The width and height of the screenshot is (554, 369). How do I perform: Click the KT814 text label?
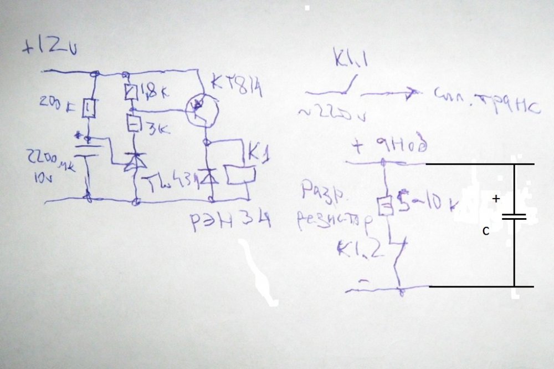pyautogui.click(x=236, y=88)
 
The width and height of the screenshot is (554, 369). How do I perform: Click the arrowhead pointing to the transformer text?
pyautogui.click(x=411, y=94)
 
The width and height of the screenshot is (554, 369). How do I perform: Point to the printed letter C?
pyautogui.click(x=485, y=231)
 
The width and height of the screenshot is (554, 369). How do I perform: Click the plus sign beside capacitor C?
pyautogui.click(x=496, y=199)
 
